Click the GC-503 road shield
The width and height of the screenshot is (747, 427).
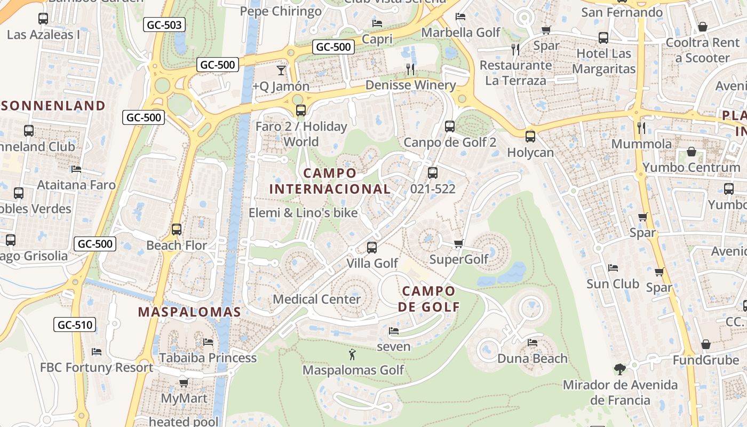164,25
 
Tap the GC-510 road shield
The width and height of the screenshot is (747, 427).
75,325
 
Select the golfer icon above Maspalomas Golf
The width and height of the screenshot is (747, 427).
352,354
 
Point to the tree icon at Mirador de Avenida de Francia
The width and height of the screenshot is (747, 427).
619,369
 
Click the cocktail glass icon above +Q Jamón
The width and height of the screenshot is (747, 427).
281,70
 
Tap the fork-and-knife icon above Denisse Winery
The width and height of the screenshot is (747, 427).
410,69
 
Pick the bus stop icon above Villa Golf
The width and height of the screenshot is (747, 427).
372,248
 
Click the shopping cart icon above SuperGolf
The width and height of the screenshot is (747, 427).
458,244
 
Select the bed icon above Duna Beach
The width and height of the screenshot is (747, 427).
532,343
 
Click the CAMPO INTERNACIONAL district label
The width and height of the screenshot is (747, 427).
330,181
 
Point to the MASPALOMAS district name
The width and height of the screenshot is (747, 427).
189,312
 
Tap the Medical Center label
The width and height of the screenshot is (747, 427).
317,299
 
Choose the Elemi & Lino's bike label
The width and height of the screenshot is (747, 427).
303,212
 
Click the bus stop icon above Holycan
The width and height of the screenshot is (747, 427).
530,137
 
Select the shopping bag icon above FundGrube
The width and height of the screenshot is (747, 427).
705,344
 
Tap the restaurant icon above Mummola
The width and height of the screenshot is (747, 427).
641,128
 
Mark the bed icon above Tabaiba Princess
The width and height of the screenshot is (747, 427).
208,342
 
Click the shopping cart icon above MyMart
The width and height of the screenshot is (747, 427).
184,383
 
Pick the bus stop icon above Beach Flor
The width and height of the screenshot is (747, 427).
177,230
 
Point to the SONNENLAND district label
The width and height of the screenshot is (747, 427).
53,105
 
